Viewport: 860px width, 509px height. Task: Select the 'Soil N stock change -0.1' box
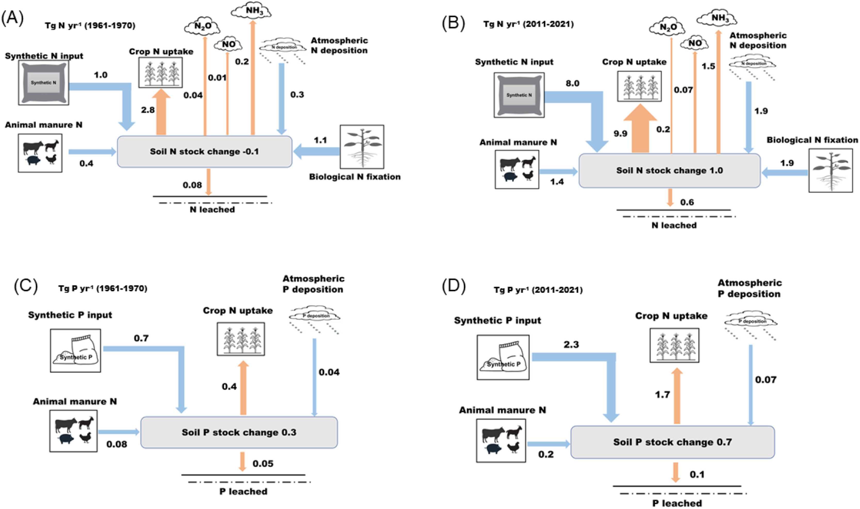click(x=204, y=152)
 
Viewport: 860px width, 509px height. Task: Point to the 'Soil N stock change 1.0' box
click(x=669, y=171)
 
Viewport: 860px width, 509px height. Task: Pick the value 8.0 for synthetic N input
click(x=572, y=83)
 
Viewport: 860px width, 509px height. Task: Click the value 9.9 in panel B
click(x=620, y=133)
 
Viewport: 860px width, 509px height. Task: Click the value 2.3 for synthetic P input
click(x=571, y=344)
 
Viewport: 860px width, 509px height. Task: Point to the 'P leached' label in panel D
click(x=677, y=503)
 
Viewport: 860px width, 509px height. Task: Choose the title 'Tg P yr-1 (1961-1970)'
click(x=103, y=288)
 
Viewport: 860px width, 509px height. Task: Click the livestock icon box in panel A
click(x=40, y=153)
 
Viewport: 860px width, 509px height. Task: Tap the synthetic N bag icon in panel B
click(x=519, y=95)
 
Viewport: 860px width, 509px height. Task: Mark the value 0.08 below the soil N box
click(x=192, y=185)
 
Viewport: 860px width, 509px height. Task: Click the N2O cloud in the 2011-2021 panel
click(x=668, y=27)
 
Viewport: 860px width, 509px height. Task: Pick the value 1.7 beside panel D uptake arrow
click(x=662, y=394)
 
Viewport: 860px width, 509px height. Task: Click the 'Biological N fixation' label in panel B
click(x=812, y=140)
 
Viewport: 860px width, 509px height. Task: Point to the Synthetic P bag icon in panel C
click(x=75, y=351)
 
